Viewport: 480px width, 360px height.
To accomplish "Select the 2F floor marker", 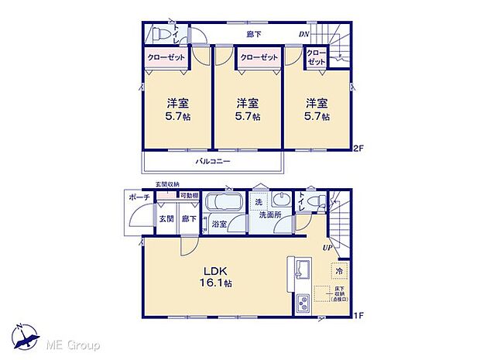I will tap(358, 149).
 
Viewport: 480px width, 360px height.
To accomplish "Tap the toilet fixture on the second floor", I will tap(161, 35).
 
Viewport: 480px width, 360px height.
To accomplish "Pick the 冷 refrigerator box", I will tap(339, 273).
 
